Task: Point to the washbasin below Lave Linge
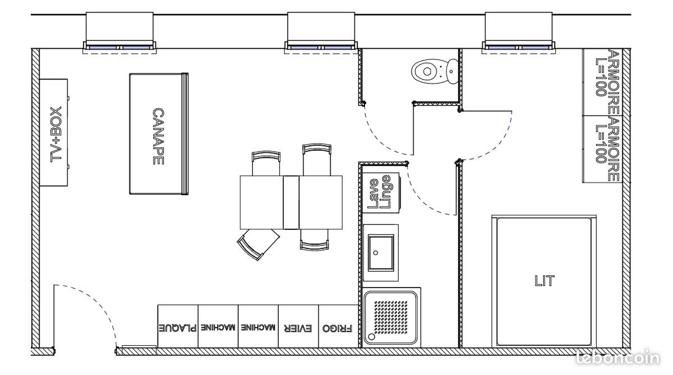pyautogui.click(x=381, y=252)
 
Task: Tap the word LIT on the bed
pyautogui.click(x=543, y=280)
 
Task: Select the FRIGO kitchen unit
pyautogui.click(x=338, y=327)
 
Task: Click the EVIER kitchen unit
pyautogui.click(x=298, y=327)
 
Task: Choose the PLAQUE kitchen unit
pyautogui.click(x=178, y=327)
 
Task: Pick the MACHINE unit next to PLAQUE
pyautogui.click(x=218, y=327)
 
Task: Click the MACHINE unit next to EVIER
pyautogui.click(x=258, y=327)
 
